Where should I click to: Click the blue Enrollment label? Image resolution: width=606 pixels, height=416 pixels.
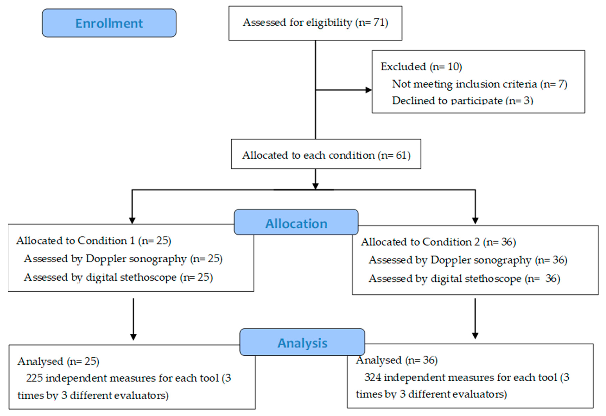[x=109, y=23]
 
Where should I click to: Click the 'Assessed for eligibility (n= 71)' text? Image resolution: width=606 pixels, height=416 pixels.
[x=315, y=23]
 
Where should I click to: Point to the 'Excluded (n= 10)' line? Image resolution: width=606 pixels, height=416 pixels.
[x=421, y=67]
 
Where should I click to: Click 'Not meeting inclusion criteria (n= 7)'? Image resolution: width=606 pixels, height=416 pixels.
[x=479, y=84]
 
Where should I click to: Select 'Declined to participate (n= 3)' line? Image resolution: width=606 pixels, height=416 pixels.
[x=462, y=101]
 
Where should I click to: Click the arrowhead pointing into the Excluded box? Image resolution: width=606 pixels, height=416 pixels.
[x=368, y=90]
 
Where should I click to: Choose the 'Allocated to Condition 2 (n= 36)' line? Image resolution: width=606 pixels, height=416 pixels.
[x=438, y=242]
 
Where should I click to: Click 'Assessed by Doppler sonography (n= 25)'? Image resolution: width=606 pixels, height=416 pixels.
[x=123, y=259]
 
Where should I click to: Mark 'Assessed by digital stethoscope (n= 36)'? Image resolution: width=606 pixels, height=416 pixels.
[x=464, y=279]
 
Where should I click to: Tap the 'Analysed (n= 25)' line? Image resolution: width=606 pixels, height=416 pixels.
[x=58, y=361]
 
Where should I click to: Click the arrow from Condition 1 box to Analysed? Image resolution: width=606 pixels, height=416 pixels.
[x=133, y=319]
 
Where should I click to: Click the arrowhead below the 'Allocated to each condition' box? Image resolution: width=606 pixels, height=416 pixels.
[x=315, y=186]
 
